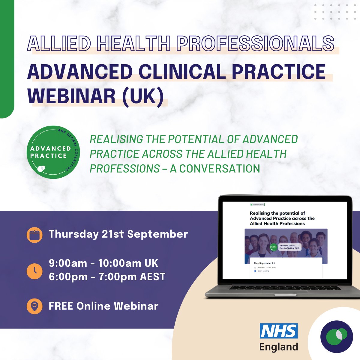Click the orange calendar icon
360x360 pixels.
point(34,235)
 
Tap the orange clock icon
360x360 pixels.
point(34,271)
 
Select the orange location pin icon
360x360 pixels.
point(34,306)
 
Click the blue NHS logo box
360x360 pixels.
point(279,331)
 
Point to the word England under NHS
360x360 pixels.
point(279,347)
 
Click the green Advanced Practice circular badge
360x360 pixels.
point(53,152)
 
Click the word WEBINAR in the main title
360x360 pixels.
point(71,96)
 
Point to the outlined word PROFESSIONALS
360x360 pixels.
point(255,44)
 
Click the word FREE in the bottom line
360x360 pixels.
point(61,306)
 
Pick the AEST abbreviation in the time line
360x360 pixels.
point(153,277)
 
